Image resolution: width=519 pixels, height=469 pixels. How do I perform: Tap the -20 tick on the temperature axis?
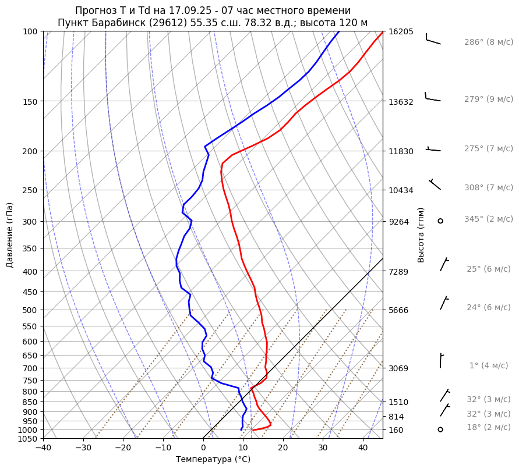123,447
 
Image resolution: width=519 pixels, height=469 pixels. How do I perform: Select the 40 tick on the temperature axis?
363,447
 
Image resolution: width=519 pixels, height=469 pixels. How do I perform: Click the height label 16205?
401,31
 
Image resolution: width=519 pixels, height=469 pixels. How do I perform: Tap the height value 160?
396,430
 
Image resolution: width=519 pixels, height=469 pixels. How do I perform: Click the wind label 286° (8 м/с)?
489,42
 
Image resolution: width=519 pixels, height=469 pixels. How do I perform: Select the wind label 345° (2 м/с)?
489,219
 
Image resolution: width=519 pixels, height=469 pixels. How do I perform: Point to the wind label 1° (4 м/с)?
489,366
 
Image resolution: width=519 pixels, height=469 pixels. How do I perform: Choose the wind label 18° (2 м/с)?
489,428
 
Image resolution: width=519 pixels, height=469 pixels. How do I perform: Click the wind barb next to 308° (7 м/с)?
435,184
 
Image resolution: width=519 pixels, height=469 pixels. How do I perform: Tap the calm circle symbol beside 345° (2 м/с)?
440,221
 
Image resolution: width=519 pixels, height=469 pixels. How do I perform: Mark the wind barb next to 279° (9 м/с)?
432,98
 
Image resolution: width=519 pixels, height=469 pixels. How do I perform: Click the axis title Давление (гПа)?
10,235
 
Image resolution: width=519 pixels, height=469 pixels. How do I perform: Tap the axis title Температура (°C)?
213,460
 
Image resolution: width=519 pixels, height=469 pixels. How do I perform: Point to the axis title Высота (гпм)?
421,235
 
